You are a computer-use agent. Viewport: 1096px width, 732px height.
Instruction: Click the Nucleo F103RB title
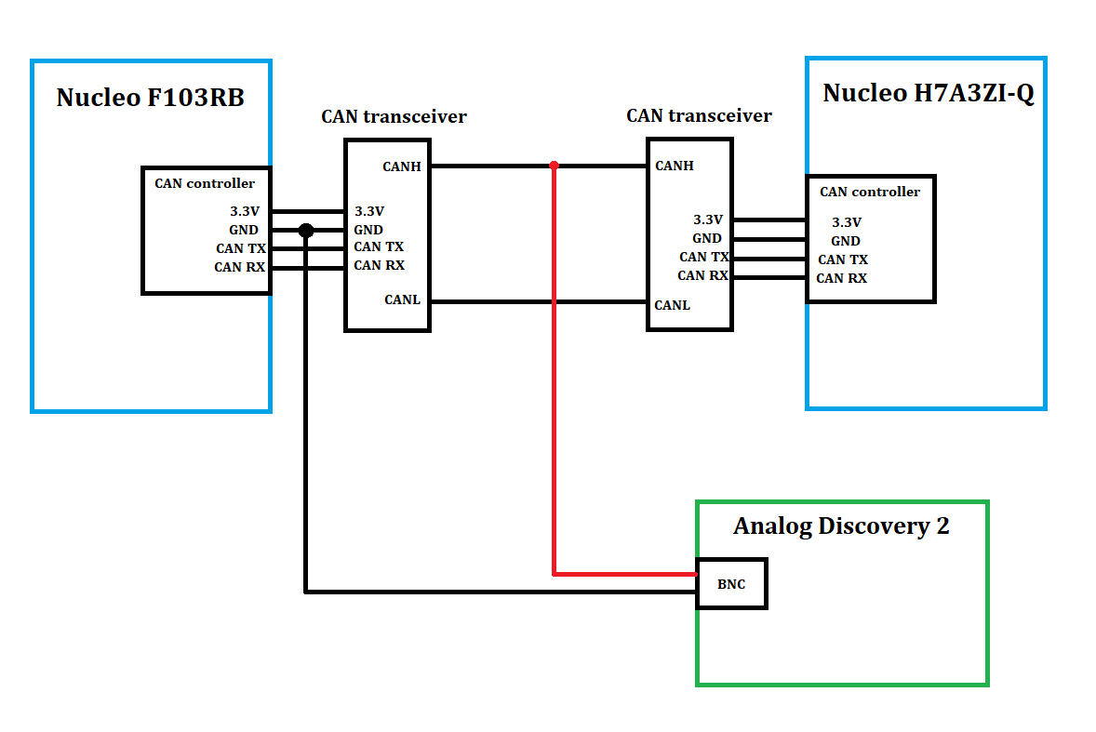click(x=150, y=98)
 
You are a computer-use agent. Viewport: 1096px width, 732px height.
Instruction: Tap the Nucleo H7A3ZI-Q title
click(x=928, y=93)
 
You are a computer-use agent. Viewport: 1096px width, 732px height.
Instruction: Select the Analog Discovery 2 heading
click(x=841, y=526)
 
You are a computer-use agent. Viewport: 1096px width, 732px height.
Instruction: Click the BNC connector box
click(x=731, y=584)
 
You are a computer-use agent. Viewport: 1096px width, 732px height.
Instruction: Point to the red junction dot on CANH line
click(x=554, y=166)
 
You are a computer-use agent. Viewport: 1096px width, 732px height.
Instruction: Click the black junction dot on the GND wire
click(x=305, y=230)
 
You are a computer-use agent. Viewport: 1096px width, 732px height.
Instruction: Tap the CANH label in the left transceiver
click(x=402, y=166)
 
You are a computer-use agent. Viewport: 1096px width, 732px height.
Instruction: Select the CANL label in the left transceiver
click(x=402, y=299)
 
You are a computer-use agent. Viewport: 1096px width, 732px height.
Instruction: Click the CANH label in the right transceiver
click(x=675, y=166)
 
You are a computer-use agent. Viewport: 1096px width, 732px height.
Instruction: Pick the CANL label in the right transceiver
click(x=673, y=305)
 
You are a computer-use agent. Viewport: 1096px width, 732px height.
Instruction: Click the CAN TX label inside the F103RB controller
click(x=241, y=248)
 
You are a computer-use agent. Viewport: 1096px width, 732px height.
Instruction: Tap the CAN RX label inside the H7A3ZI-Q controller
click(x=842, y=278)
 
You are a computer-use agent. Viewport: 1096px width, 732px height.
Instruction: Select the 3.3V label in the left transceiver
click(x=369, y=211)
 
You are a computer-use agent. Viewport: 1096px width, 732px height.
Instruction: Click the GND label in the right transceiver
click(x=707, y=238)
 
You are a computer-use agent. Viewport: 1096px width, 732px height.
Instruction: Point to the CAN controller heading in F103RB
click(x=205, y=183)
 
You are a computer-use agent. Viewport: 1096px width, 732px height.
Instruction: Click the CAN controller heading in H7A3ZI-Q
click(x=869, y=192)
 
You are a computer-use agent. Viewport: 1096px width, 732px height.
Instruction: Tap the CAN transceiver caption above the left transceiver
click(x=394, y=117)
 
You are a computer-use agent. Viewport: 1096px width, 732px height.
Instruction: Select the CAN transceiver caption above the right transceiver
click(x=699, y=116)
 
